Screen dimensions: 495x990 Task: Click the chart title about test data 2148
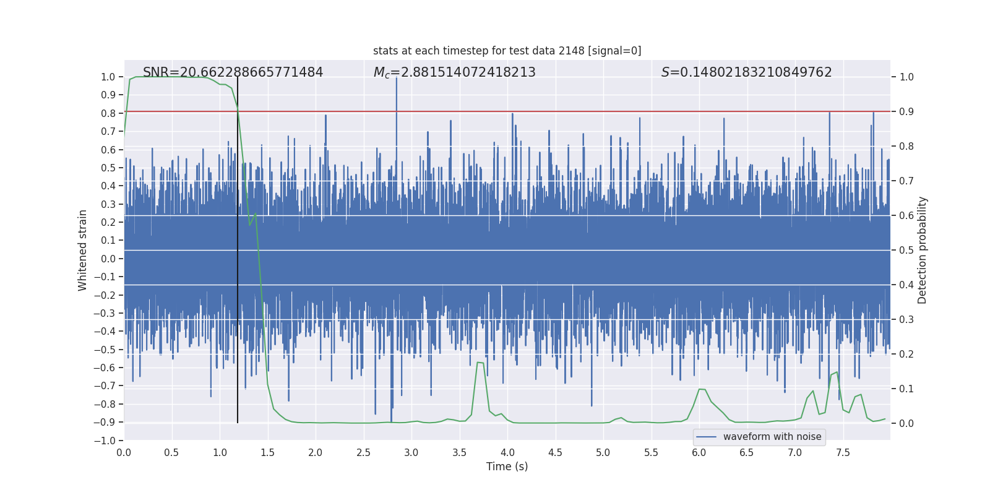pyautogui.click(x=507, y=51)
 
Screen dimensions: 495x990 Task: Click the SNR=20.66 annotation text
pyautogui.click(x=233, y=72)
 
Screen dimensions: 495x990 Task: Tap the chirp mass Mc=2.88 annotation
pyautogui.click(x=454, y=72)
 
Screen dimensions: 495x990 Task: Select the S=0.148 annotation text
pyautogui.click(x=746, y=72)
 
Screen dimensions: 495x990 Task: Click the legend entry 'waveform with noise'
pyautogui.click(x=772, y=437)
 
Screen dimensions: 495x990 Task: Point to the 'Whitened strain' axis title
pyautogui.click(x=82, y=250)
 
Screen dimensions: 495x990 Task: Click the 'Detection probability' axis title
pyautogui.click(x=922, y=250)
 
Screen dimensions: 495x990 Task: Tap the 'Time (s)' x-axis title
pyautogui.click(x=507, y=467)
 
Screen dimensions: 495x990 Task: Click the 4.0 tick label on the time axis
pyautogui.click(x=507, y=452)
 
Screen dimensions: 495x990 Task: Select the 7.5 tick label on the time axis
pyautogui.click(x=843, y=452)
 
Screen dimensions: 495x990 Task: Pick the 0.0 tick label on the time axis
pyautogui.click(x=124, y=452)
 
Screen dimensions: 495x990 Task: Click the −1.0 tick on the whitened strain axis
pyautogui.click(x=105, y=441)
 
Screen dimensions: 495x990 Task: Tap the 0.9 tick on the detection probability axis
pyautogui.click(x=906, y=111)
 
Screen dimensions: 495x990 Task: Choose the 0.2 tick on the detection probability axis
pyautogui.click(x=906, y=354)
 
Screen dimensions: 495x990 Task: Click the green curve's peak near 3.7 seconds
pyautogui.click(x=480, y=363)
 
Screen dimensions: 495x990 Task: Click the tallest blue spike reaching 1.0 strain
pyautogui.click(x=396, y=79)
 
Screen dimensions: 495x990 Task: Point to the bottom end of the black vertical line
pyautogui.click(x=238, y=423)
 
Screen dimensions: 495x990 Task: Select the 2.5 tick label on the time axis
pyautogui.click(x=363, y=452)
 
